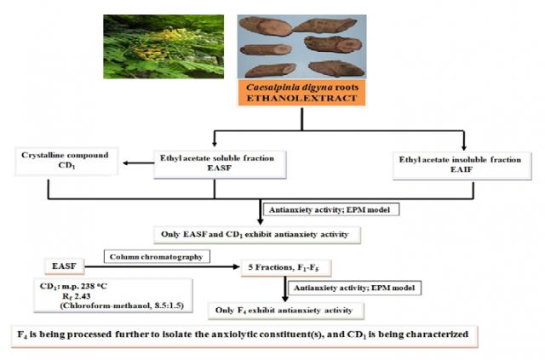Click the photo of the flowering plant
click(163, 47)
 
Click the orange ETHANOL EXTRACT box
click(301, 93)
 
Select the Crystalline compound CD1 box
click(66, 161)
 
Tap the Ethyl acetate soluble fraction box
click(220, 164)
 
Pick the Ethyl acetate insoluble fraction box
click(462, 166)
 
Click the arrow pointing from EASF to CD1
click(138, 163)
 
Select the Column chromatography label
click(157, 256)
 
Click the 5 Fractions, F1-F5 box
click(286, 267)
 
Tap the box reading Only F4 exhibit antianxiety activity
click(286, 311)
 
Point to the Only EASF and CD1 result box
click(257, 235)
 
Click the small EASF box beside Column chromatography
click(65, 266)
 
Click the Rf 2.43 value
click(77, 296)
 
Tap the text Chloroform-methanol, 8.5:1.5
click(122, 306)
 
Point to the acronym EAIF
click(462, 169)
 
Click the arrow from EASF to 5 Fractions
click(163, 267)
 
